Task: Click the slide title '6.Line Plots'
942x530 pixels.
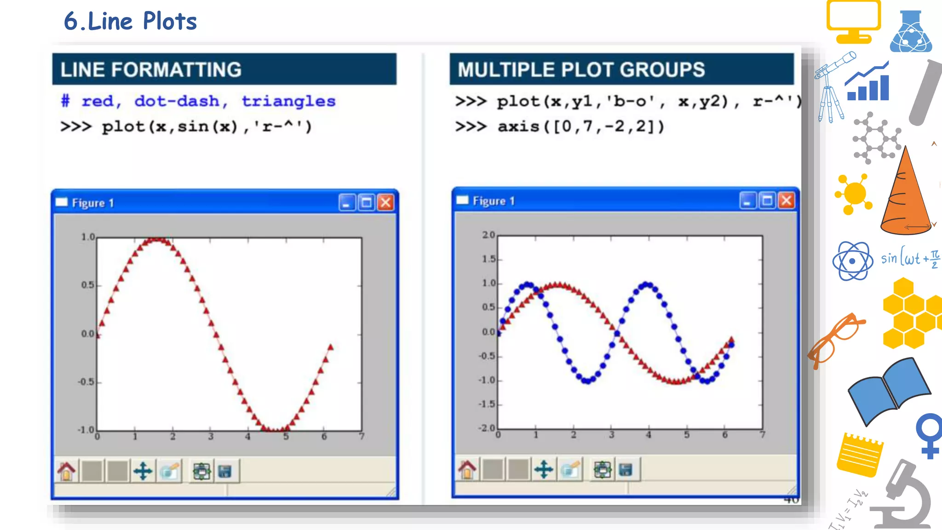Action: [x=130, y=21]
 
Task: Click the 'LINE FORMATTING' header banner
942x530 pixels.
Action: [x=224, y=69]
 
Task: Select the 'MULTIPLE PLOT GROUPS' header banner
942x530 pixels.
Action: [x=621, y=69]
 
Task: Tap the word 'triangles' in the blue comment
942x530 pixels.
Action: [x=288, y=101]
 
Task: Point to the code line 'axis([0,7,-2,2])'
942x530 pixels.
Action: [x=580, y=126]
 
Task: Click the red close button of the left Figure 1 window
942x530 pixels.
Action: [x=385, y=202]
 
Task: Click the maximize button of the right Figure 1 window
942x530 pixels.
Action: [x=767, y=201]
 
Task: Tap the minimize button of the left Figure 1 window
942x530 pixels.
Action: [x=347, y=202]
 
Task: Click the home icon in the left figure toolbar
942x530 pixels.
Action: [x=66, y=471]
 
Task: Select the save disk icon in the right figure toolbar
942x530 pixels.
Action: [x=626, y=470]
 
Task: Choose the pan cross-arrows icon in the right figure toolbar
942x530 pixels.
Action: [x=544, y=470]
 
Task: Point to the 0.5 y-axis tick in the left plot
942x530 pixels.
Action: [x=87, y=285]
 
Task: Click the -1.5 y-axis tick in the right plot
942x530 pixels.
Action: [x=487, y=404]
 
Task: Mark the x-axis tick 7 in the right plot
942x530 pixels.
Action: [x=762, y=435]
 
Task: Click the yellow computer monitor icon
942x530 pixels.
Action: [x=853, y=21]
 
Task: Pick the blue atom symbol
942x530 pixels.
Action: [x=852, y=261]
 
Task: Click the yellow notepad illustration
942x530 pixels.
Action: [x=859, y=455]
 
